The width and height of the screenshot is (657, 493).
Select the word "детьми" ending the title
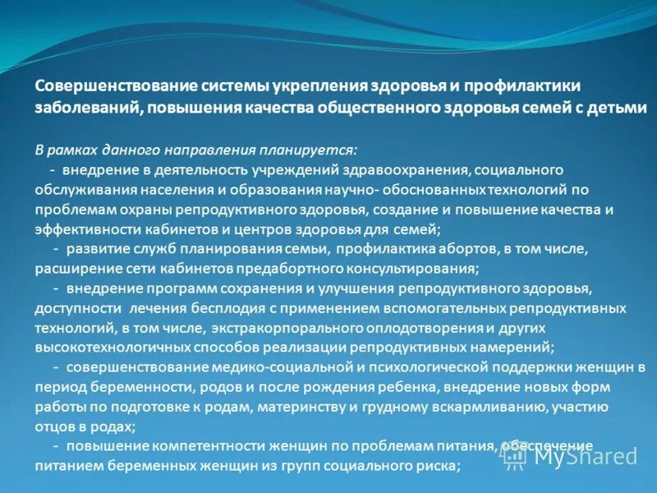pos(616,108)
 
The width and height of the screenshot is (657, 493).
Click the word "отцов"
pos(54,426)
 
